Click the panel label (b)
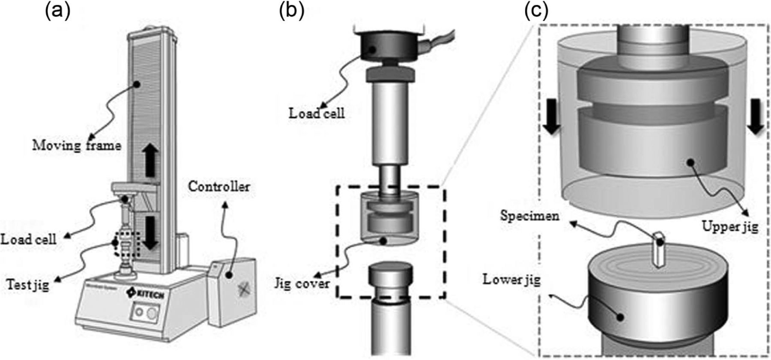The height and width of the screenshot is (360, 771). [x=291, y=12]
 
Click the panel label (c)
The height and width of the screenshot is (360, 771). [x=536, y=12]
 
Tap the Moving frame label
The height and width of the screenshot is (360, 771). [x=77, y=146]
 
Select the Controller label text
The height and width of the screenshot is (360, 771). [x=219, y=187]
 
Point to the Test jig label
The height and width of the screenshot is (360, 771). [x=28, y=284]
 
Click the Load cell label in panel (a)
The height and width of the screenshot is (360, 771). [x=28, y=239]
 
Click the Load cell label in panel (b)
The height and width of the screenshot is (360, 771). [x=317, y=113]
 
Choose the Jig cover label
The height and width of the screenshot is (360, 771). [x=302, y=283]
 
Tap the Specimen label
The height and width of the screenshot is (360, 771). [x=530, y=215]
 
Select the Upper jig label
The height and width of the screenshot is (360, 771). [x=730, y=226]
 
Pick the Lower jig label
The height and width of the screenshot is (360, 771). [x=511, y=280]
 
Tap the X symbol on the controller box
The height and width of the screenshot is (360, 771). [x=245, y=289]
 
